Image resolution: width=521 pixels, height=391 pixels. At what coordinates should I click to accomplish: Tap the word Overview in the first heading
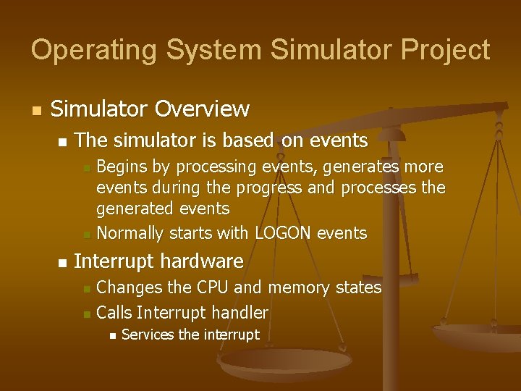202,109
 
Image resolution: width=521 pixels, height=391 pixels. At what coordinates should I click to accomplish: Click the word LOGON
284,233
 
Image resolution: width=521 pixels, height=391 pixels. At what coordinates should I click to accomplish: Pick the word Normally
130,233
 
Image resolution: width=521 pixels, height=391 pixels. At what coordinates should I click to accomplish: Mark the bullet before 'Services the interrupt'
111,335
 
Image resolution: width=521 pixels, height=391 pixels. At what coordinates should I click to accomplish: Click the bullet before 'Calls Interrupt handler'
86,314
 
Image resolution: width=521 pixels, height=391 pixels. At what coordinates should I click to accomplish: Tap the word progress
274,188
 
